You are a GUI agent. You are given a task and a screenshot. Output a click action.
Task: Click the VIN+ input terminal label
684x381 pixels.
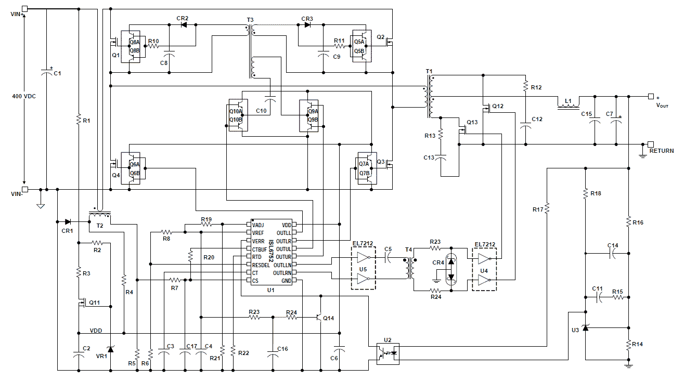pos(15,14)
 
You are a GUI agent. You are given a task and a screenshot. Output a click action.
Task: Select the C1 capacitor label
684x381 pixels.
pos(57,74)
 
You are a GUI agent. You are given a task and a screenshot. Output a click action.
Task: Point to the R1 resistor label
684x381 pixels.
pos(86,121)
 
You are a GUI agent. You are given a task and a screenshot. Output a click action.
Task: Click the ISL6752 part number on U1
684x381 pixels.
pos(271,252)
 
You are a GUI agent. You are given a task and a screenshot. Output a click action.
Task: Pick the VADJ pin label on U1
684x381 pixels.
pos(259,225)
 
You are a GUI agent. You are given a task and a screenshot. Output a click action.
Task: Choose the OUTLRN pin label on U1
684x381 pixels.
pos(282,273)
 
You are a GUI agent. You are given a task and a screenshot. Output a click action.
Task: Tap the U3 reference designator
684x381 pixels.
pos(575,330)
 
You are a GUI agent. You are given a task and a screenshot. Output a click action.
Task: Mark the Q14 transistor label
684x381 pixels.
pos(328,318)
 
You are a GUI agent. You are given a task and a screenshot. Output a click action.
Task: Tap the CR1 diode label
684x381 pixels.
pos(67,230)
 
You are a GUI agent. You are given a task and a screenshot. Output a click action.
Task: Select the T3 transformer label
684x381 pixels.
pos(251,20)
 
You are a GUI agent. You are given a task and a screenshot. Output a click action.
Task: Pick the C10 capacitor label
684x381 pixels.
pos(262,111)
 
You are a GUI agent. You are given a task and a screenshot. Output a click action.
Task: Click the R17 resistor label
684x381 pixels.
pos(538,209)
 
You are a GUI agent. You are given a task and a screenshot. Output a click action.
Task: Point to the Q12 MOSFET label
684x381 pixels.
pos(498,106)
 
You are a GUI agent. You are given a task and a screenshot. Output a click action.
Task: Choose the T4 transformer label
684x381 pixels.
pos(409,249)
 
